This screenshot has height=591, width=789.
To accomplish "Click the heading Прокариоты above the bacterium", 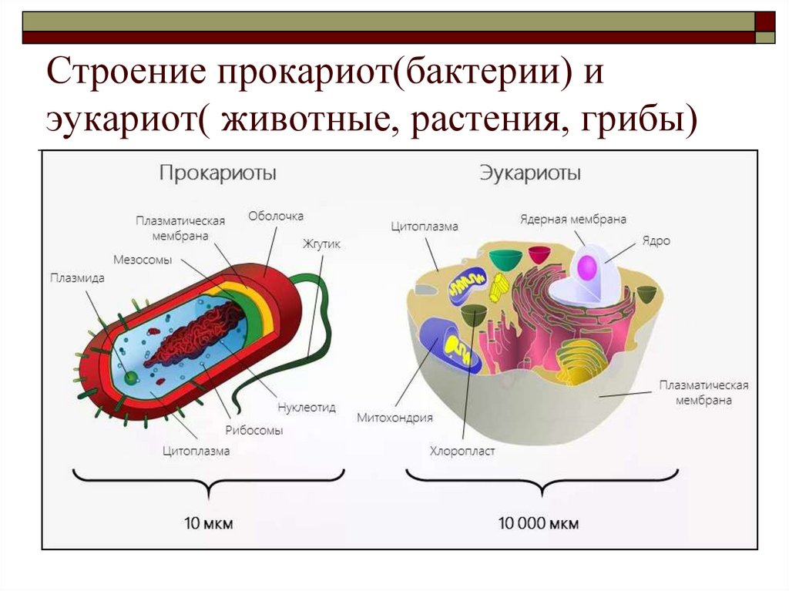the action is (x=217, y=173).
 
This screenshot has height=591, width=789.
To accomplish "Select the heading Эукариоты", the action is (x=530, y=173).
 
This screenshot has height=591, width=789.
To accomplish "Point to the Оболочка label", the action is (x=276, y=216).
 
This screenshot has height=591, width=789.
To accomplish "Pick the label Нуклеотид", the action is (x=306, y=408).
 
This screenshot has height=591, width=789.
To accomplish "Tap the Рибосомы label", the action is (x=253, y=430).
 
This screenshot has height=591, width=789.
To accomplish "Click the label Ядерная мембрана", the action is (x=572, y=219).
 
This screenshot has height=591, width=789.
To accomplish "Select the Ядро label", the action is (x=656, y=240).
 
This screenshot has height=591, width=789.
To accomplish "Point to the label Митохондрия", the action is (x=394, y=418).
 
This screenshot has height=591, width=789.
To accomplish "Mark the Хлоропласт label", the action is (x=462, y=451).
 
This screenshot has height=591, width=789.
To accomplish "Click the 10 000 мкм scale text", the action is (x=539, y=524).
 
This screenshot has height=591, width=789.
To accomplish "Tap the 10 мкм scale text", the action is (x=209, y=524).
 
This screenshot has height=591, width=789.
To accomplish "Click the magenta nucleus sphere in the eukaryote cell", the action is (x=588, y=267).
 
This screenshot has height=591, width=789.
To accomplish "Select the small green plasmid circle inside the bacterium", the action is (x=131, y=378).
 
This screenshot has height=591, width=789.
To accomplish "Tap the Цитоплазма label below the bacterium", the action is (x=196, y=452).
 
